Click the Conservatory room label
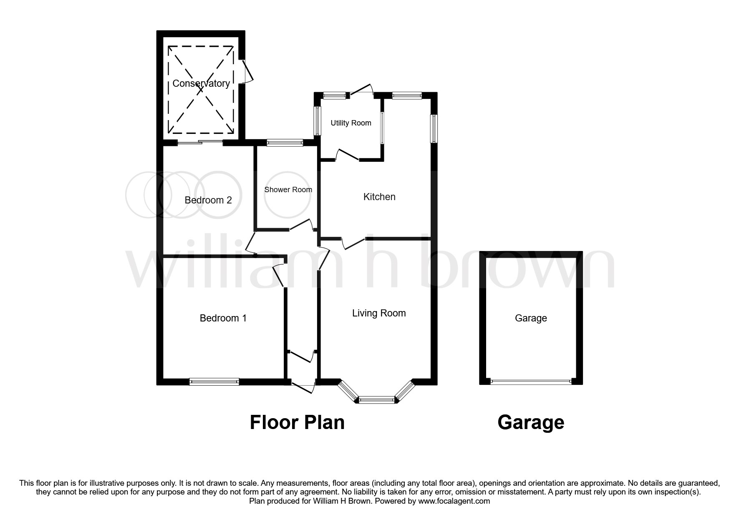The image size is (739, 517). (201, 83)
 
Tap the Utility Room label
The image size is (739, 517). (351, 123)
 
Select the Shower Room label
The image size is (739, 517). (288, 190)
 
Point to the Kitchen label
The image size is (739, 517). (379, 197)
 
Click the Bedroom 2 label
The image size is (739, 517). (208, 200)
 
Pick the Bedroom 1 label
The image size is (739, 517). (223, 318)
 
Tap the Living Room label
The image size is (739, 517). (379, 313)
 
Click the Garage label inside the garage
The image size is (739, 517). (531, 318)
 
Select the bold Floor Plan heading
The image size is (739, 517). (297, 422)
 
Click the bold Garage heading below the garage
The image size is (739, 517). (531, 422)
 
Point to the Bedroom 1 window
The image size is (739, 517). (214, 381)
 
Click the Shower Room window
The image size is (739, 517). (285, 143)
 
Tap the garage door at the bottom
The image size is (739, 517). (531, 381)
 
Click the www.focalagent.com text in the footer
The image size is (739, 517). (454, 501)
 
